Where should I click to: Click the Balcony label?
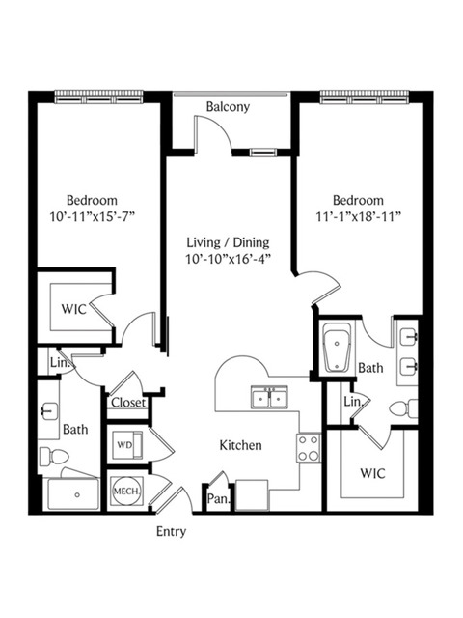point(228,107)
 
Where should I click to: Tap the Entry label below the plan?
point(172,532)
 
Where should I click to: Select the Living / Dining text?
point(228,242)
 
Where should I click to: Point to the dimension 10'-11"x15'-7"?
point(93,216)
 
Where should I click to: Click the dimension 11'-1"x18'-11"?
point(358,216)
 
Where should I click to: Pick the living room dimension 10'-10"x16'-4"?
point(228,259)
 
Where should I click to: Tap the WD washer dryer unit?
point(127,445)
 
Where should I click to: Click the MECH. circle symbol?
point(126,492)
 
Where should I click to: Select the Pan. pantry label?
point(218,499)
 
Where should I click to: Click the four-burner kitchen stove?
point(309,448)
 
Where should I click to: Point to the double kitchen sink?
point(269,397)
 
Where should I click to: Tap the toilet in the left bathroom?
point(54,457)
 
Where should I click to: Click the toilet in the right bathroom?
point(403,408)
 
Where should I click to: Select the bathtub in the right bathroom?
point(337,348)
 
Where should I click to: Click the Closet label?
point(128,403)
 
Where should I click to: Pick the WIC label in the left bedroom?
point(73,309)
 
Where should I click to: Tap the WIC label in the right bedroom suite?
point(372,473)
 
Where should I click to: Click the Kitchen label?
point(240,445)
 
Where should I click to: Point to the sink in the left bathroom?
point(47,411)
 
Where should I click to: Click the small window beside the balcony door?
point(263,153)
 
